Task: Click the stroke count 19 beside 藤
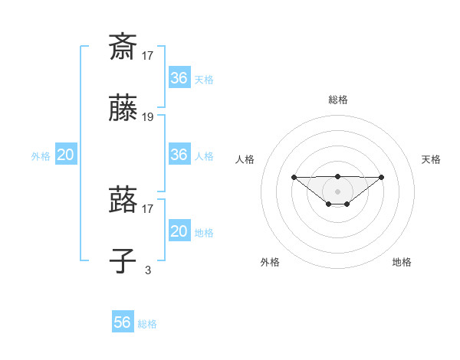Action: [x=148, y=117]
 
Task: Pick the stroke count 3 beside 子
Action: [x=148, y=270]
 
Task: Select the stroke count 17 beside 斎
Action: [x=148, y=55]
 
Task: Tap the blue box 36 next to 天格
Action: [x=179, y=78]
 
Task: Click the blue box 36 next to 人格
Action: [x=179, y=155]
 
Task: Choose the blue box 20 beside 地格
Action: [x=179, y=231]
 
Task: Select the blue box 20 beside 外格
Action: [x=65, y=155]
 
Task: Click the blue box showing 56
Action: [x=123, y=322]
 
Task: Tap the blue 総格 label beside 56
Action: [x=147, y=324]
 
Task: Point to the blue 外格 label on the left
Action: [x=41, y=156]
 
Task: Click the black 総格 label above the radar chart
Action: [x=337, y=100]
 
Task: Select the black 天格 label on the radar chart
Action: [x=431, y=159]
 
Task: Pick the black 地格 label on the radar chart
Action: [x=402, y=262]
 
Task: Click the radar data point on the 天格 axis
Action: [x=382, y=177]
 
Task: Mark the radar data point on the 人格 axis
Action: [x=294, y=177]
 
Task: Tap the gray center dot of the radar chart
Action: [x=337, y=191]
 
